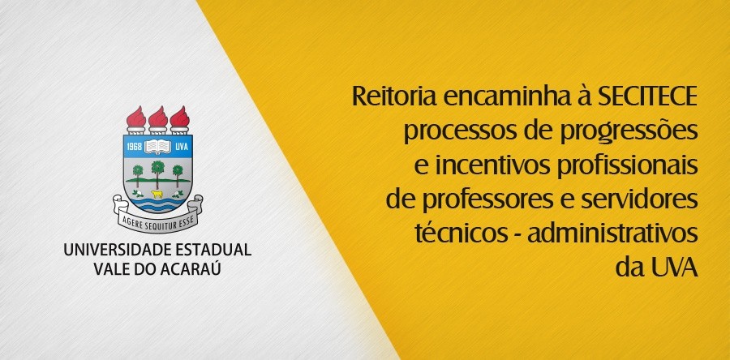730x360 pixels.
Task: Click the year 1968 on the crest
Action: (135, 146)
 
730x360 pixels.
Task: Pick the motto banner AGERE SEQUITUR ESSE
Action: (157, 218)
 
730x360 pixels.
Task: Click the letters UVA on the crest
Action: (180, 146)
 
